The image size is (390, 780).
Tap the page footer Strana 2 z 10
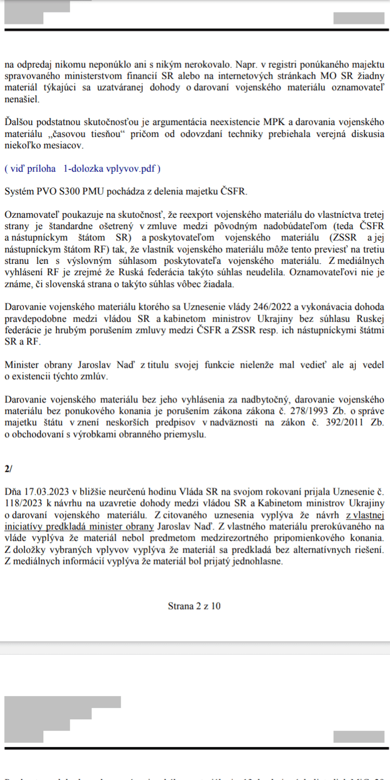click(x=194, y=606)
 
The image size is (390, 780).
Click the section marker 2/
click(x=8, y=470)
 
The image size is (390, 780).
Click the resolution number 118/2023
click(x=21, y=503)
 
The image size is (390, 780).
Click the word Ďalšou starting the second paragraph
click(x=19, y=123)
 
